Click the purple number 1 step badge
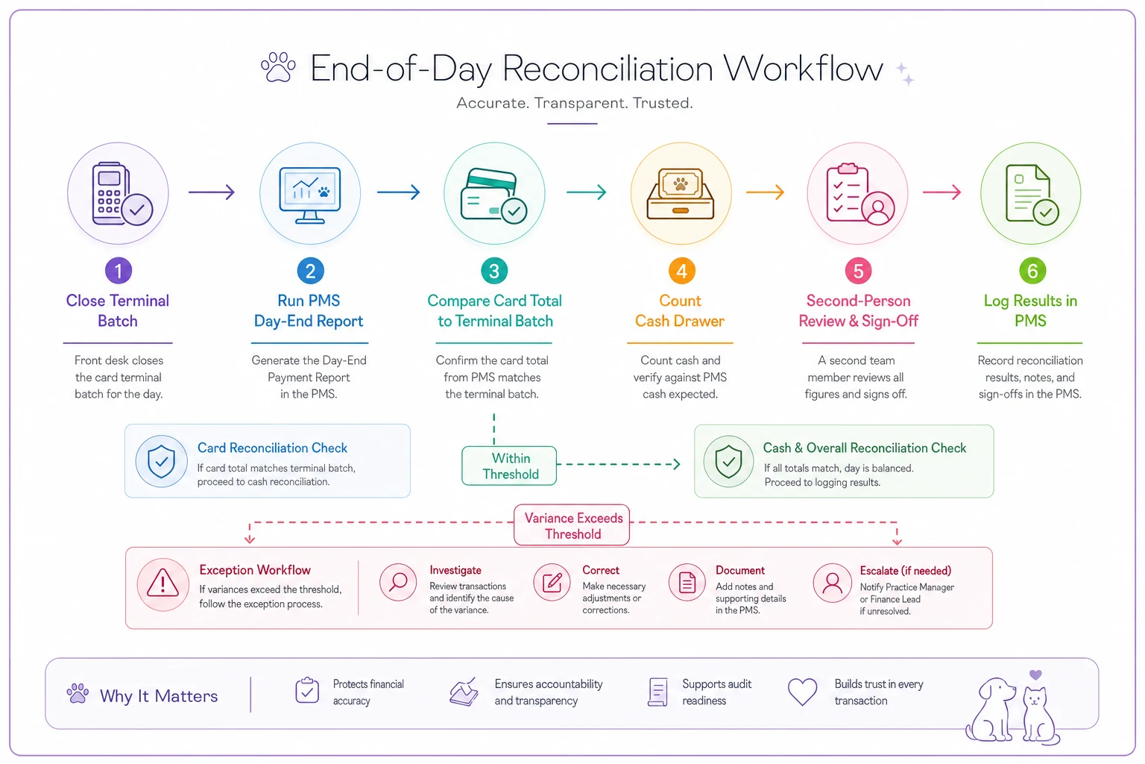[118, 271]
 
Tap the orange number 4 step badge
[681, 271]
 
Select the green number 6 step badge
[1032, 271]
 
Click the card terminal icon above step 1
[122, 195]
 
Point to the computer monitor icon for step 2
[310, 195]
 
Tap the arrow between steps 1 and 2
[212, 192]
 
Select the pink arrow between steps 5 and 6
[941, 192]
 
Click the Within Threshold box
[509, 466]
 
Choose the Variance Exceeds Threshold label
[572, 525]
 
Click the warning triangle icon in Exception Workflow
[163, 584]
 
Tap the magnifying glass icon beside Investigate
[397, 583]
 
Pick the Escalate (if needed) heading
[905, 571]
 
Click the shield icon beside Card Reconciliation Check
[161, 461]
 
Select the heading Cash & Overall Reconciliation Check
[865, 448]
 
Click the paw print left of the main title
[278, 67]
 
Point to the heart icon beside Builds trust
[802, 692]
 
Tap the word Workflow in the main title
[803, 68]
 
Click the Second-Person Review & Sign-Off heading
[858, 310]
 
